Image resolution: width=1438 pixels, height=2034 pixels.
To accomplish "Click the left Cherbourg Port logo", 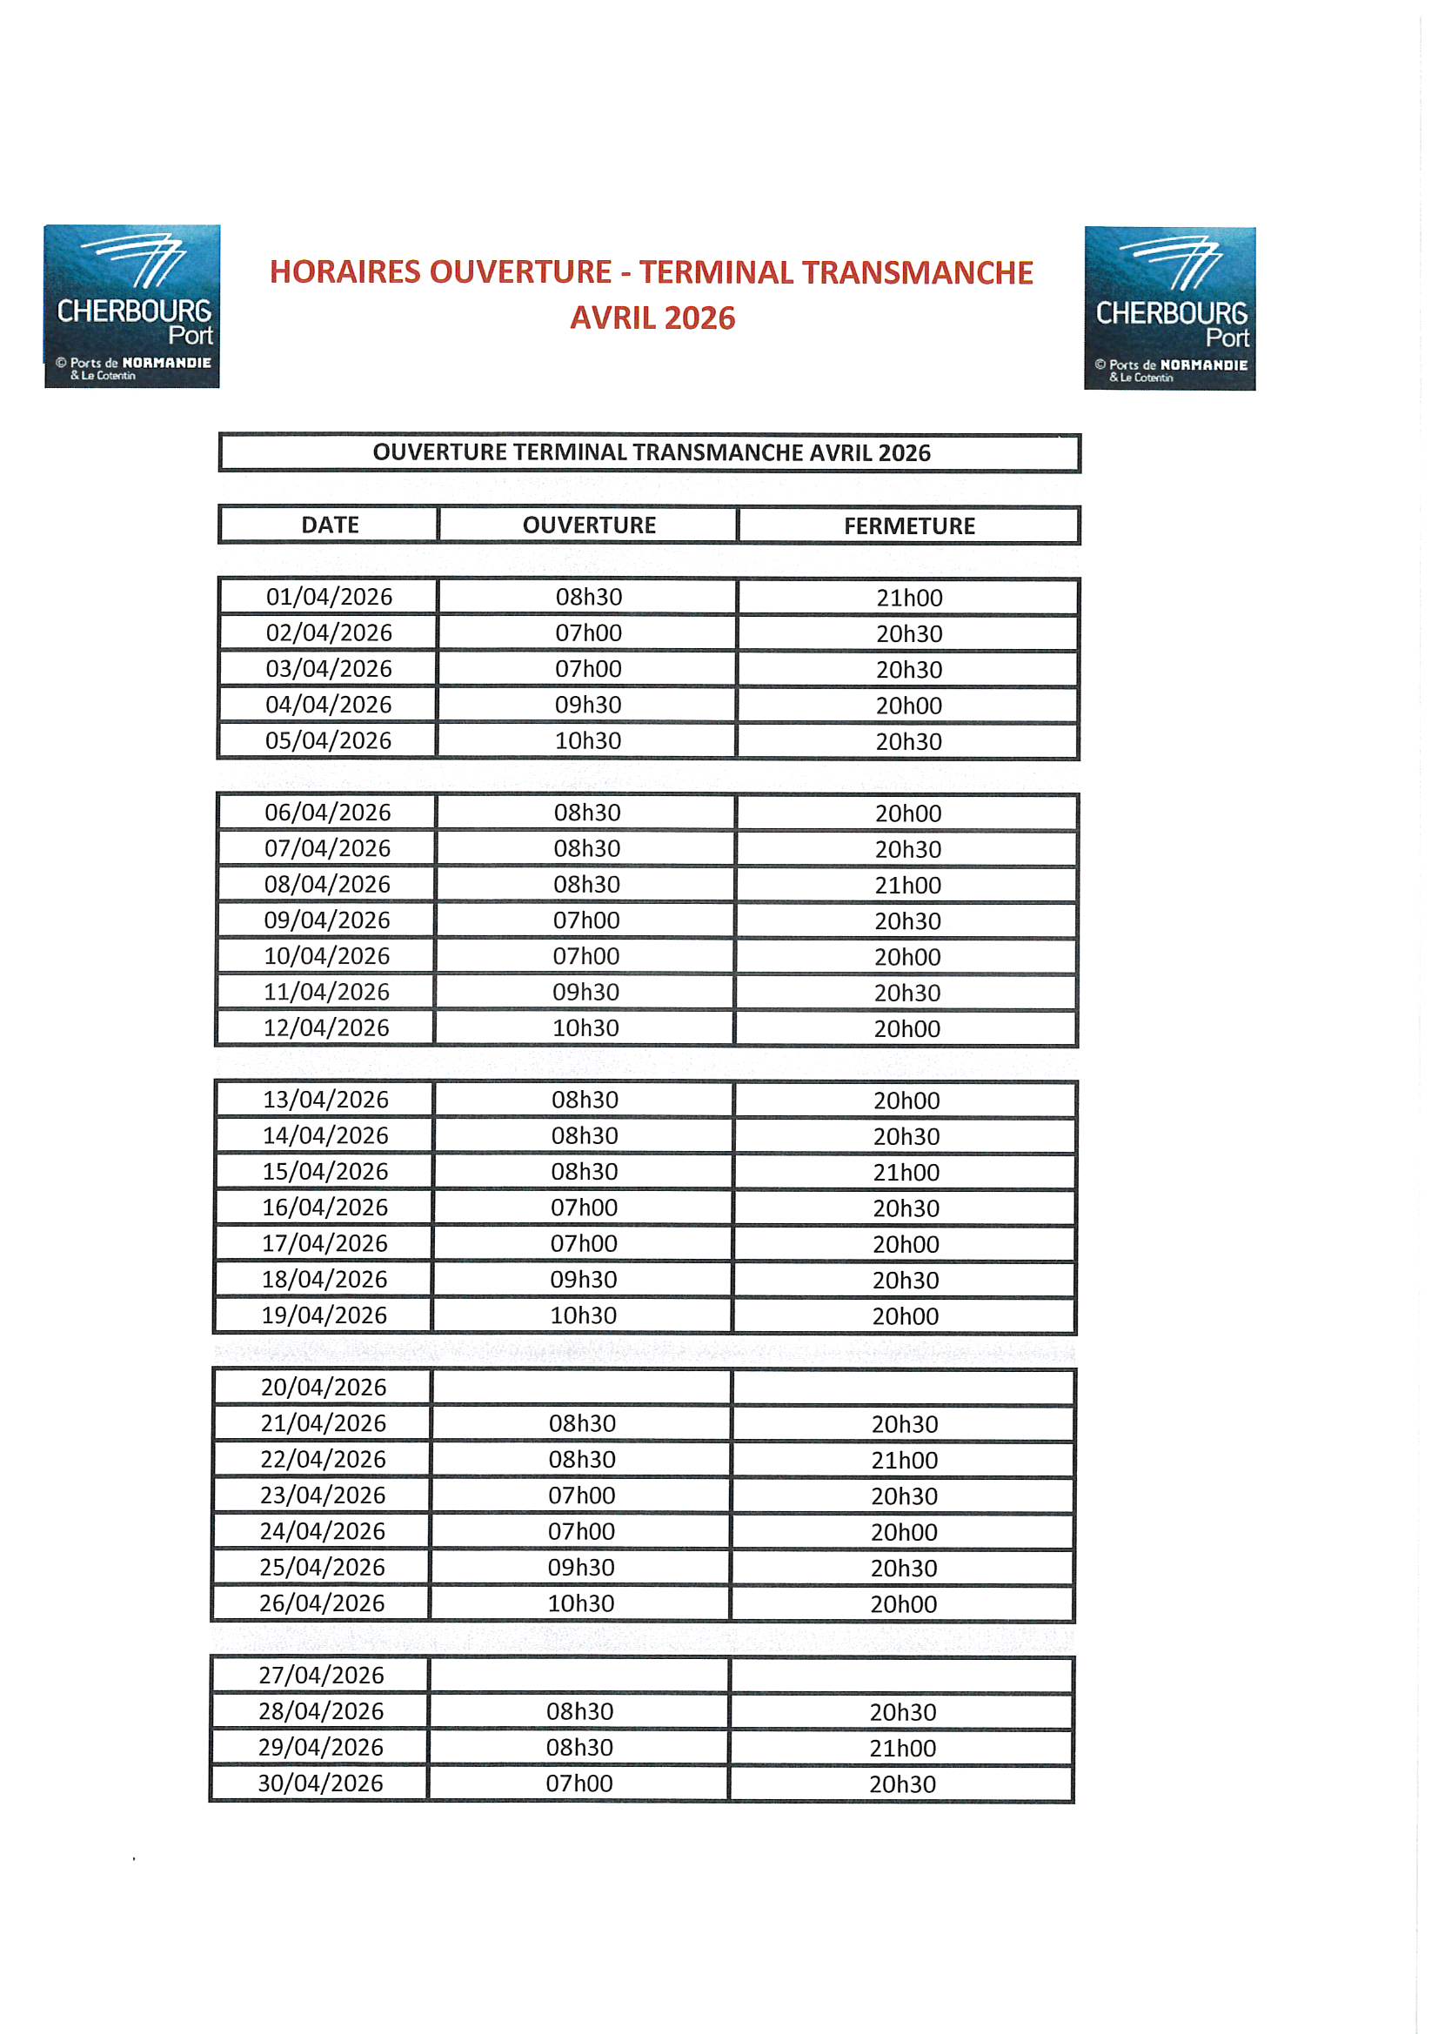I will pos(132,305).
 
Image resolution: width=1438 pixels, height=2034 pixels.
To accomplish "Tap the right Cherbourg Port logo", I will pos(1169,308).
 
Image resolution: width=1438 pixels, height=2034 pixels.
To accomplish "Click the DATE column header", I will pos(330,525).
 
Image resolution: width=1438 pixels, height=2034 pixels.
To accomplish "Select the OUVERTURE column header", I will pos(589,525).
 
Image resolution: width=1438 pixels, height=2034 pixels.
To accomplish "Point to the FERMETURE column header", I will pos(909,526).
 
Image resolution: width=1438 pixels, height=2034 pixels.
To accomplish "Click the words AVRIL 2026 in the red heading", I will pos(652,318).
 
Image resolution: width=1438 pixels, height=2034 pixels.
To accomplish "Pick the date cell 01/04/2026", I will pos(329,597).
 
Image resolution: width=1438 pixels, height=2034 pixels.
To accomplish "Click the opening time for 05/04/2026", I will pos(588,740).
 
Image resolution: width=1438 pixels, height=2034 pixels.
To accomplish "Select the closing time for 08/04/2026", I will pos(908,885).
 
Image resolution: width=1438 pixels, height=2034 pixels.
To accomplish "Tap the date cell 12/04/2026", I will pos(326,1027).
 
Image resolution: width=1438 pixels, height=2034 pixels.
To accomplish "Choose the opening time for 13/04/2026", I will pos(585,1100).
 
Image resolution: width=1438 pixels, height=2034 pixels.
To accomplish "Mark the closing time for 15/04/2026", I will pos(906,1172).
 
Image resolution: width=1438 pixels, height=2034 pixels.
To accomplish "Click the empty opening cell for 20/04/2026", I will pos(581,1388).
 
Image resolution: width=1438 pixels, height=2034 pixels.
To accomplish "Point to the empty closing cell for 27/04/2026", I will pos(902,1676).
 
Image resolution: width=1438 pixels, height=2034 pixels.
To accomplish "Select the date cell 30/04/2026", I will pos(321,1783).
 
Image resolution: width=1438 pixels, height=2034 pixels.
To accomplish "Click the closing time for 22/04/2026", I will pos(905,1460).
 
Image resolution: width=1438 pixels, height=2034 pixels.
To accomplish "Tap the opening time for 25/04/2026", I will pos(581,1567).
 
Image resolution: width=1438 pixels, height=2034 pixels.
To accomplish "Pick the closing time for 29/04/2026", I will pos(903,1748).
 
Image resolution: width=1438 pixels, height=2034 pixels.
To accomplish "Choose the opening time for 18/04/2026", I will pos(584,1279).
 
